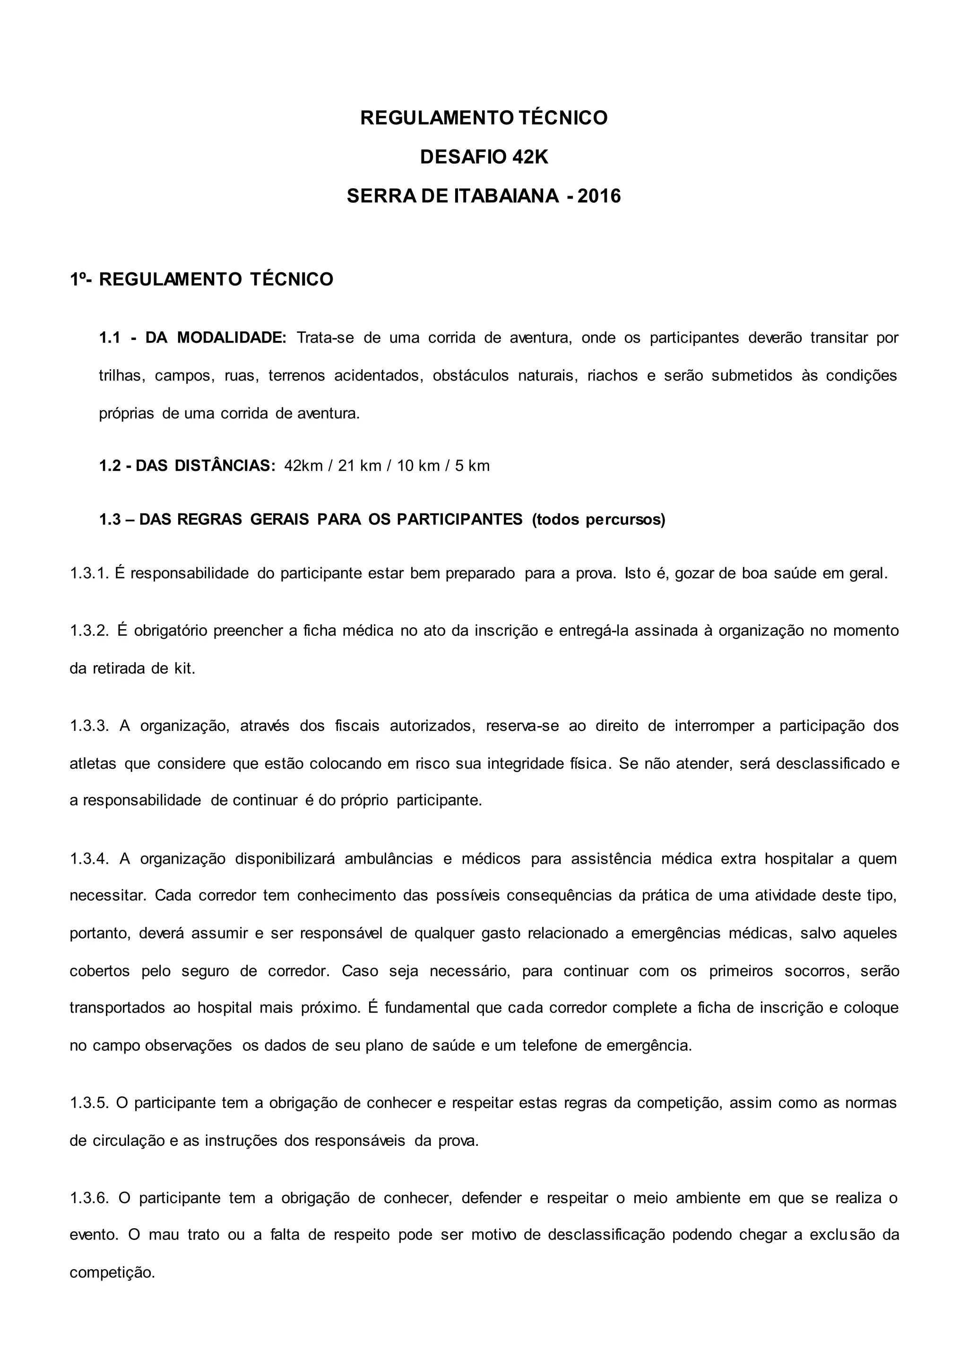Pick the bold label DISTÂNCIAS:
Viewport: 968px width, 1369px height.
point(225,466)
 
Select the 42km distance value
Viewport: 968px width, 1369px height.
point(303,466)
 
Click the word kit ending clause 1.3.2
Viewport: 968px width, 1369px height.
point(185,668)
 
